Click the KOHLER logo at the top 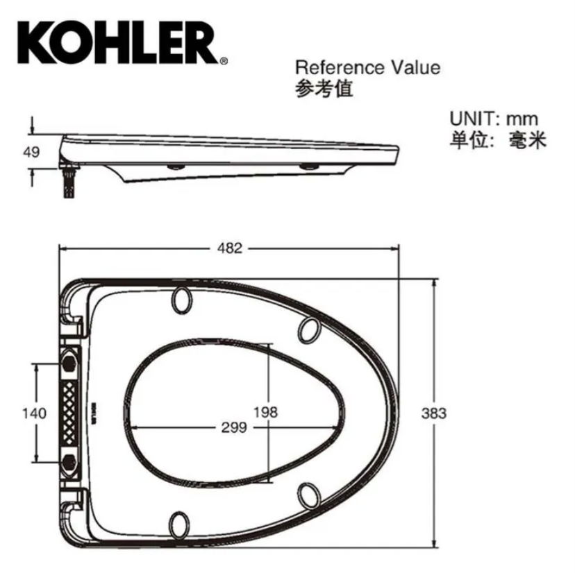[118, 43]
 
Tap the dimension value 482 [230, 248]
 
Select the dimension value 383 [434, 413]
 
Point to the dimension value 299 [234, 427]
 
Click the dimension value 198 [266, 412]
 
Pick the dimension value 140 [35, 413]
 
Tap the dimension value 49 [31, 152]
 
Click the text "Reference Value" [368, 68]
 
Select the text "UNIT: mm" [494, 119]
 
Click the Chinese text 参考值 [324, 89]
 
